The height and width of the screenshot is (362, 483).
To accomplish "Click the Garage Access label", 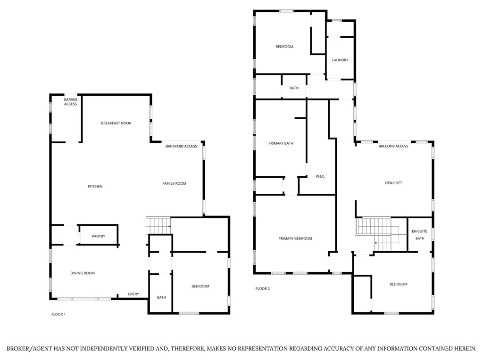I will [x=71, y=101].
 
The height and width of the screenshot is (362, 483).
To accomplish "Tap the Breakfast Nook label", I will [x=116, y=123].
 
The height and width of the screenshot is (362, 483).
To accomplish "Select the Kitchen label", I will [x=95, y=186].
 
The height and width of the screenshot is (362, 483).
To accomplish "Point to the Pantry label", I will [x=99, y=236].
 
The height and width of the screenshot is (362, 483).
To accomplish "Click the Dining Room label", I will [x=83, y=273].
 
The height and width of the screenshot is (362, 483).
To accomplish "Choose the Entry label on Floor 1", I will [x=133, y=294].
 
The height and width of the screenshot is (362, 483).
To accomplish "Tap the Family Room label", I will [x=174, y=183].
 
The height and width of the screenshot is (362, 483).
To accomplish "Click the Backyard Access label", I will [x=181, y=146].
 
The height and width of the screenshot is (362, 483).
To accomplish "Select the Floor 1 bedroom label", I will [x=200, y=286].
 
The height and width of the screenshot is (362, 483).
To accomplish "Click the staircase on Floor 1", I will [x=158, y=225].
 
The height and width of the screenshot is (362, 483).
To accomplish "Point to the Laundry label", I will [x=340, y=60].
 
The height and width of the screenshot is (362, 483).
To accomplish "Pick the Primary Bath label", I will [x=281, y=143].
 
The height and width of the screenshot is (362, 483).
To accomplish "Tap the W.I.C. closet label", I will [x=321, y=176].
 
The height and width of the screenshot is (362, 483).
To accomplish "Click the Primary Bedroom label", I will [x=295, y=239].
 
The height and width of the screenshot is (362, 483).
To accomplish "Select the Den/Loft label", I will [x=393, y=183].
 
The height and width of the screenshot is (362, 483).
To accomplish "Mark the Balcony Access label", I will [x=393, y=146].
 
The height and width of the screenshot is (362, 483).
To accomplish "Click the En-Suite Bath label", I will [x=419, y=235].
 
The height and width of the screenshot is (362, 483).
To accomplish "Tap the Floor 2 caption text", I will [x=262, y=288].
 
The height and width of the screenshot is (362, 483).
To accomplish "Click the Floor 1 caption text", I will [x=58, y=314].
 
